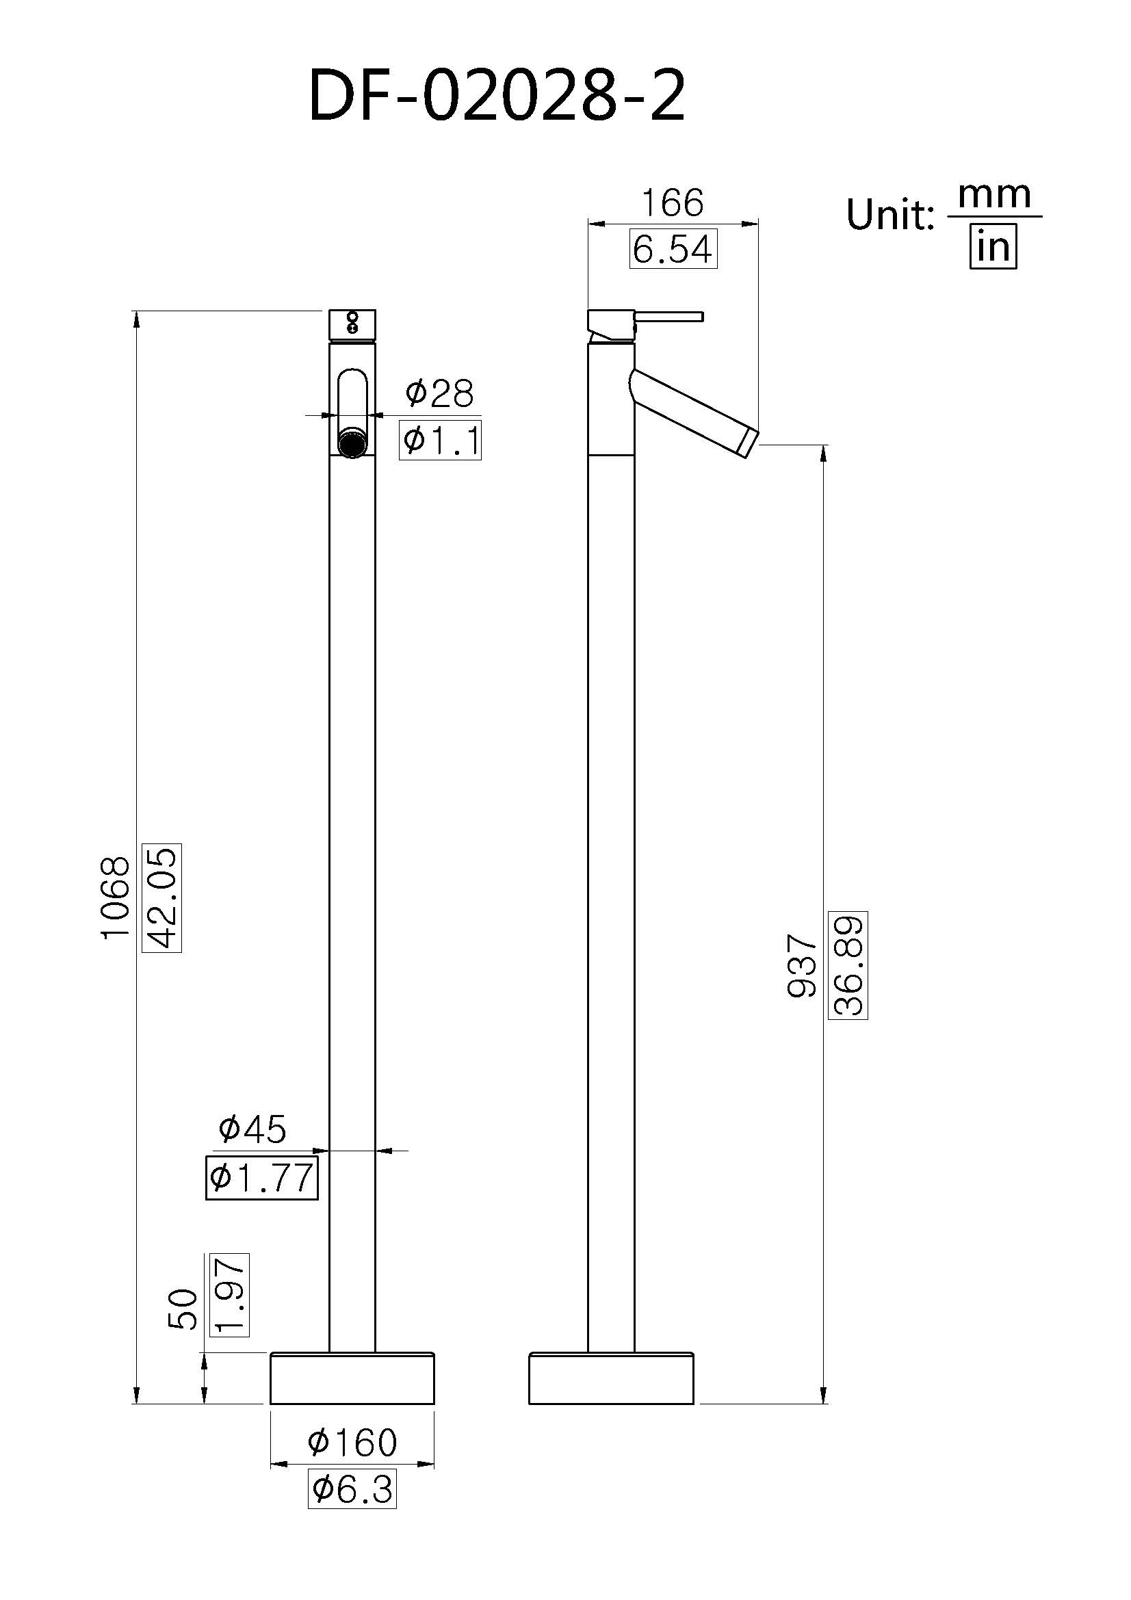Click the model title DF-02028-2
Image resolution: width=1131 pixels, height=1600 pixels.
click(x=497, y=97)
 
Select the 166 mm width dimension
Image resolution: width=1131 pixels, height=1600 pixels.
click(x=673, y=202)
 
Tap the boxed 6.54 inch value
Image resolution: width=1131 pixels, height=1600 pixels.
click(x=673, y=249)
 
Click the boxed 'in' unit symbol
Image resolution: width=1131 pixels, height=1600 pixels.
click(x=993, y=247)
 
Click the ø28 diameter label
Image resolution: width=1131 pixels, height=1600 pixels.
click(x=439, y=394)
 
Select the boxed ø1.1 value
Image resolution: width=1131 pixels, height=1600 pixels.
click(x=441, y=441)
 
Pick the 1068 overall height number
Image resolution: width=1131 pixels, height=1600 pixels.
click(x=115, y=898)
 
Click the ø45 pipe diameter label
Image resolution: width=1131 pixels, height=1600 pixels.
click(x=252, y=1129)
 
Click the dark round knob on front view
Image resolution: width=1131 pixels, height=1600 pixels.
click(x=352, y=444)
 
